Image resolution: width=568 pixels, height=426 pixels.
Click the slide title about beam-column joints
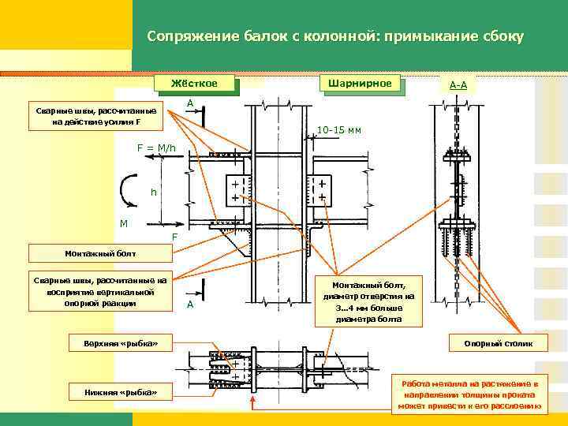click(334, 37)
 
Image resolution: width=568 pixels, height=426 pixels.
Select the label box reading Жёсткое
click(196, 83)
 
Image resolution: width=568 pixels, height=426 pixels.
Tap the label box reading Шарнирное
click(359, 83)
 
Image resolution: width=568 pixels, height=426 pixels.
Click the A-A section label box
click(458, 84)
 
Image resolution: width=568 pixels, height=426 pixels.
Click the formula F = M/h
click(159, 148)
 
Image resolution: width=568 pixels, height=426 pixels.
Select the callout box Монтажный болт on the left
click(100, 253)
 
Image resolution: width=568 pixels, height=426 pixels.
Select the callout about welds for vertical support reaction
click(100, 292)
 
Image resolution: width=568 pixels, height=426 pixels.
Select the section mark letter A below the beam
click(189, 305)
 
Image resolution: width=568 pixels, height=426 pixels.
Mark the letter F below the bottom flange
click(175, 237)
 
